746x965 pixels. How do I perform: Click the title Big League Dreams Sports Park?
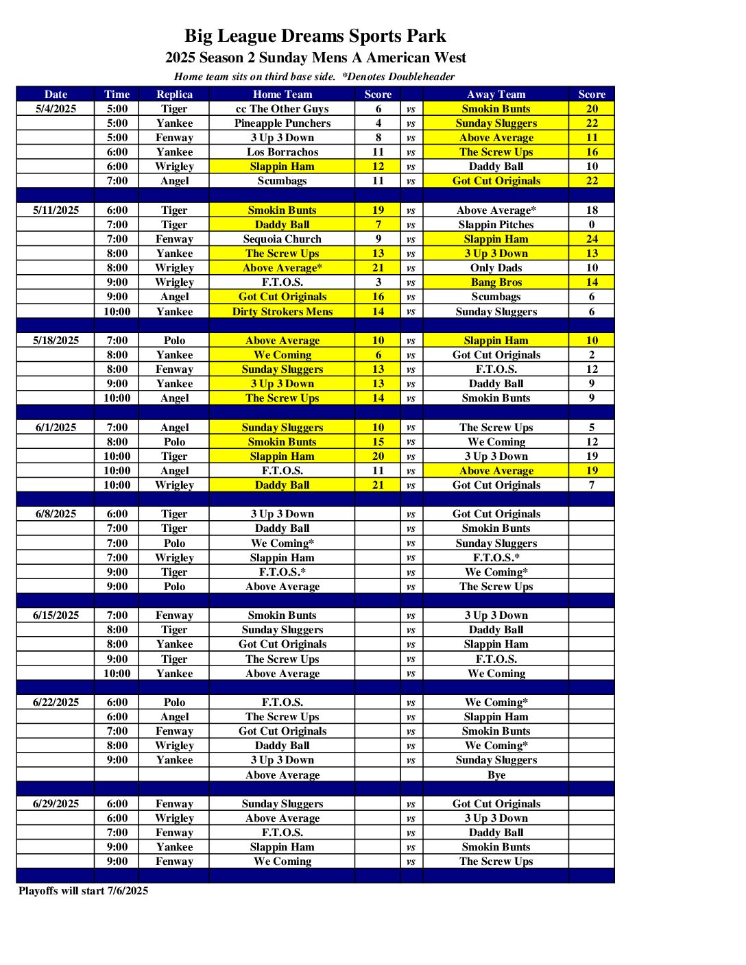pyautogui.click(x=315, y=36)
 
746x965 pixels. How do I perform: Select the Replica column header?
pyautogui.click(x=174, y=95)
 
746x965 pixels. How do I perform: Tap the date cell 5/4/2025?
pyautogui.click(x=56, y=109)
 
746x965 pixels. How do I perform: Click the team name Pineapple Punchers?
pyautogui.click(x=282, y=123)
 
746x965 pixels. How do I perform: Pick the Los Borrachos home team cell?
pyautogui.click(x=282, y=152)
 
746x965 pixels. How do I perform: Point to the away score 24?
pyautogui.click(x=591, y=239)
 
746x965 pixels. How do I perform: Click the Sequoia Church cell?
pyautogui.click(x=282, y=239)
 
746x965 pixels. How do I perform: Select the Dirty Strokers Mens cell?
pyautogui.click(x=282, y=312)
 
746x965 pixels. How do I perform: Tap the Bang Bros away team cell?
pyautogui.click(x=496, y=282)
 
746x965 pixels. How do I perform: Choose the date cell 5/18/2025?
pyautogui.click(x=56, y=341)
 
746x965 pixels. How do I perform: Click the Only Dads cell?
pyautogui.click(x=496, y=268)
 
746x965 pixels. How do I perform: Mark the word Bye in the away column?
pyautogui.click(x=496, y=775)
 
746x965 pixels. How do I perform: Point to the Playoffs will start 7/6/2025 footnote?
pyautogui.click(x=83, y=891)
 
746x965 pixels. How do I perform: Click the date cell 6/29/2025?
pyautogui.click(x=56, y=804)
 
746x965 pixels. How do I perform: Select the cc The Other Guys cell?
pyautogui.click(x=282, y=109)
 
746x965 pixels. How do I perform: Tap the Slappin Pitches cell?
pyautogui.click(x=496, y=225)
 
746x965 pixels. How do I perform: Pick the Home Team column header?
pyautogui.click(x=282, y=95)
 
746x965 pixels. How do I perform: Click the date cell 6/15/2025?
pyautogui.click(x=56, y=615)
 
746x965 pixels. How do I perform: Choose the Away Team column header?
pyautogui.click(x=496, y=95)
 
